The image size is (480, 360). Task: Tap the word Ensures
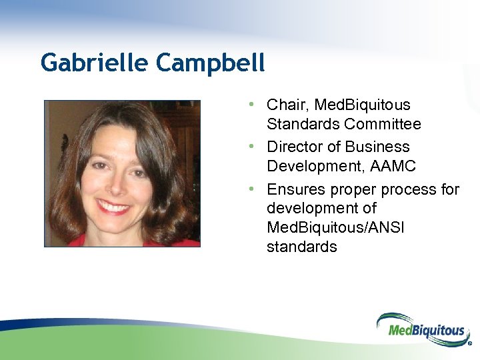pos(296,190)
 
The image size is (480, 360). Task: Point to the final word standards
pos(301,247)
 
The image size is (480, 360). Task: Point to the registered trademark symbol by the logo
pos(469,345)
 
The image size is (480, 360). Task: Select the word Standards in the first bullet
pos(303,124)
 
